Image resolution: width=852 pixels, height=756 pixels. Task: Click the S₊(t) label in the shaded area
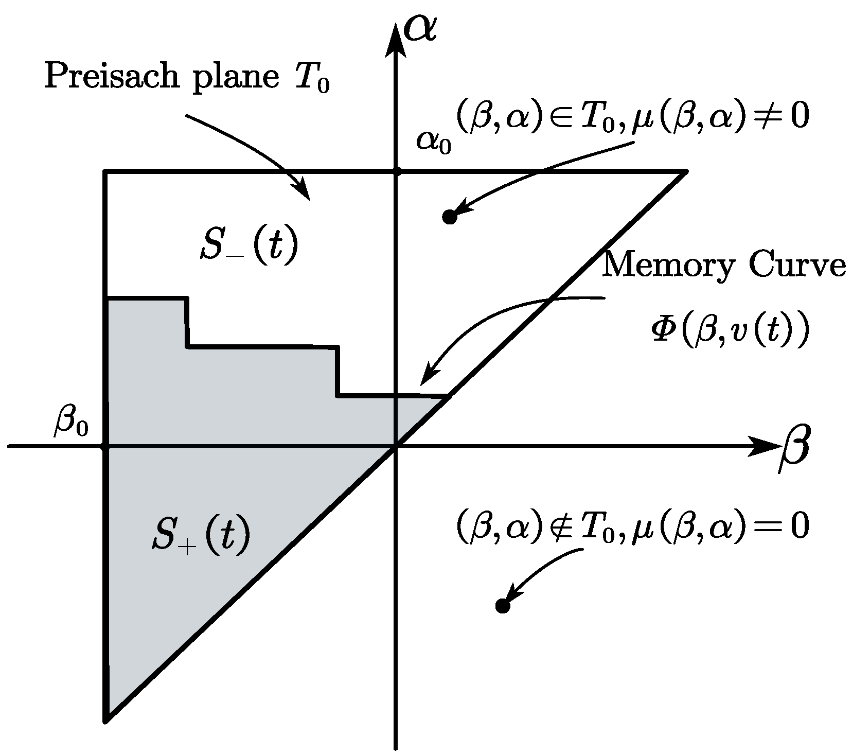pos(201,536)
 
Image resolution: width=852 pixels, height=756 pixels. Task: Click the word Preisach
pos(122,77)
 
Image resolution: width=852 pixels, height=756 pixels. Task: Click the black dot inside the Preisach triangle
pos(450,217)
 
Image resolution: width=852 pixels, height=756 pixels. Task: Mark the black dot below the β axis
pos(502,606)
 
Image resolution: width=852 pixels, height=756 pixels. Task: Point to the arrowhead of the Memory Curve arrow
pos(424,379)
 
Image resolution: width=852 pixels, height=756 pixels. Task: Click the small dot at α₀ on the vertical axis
pos(396,171)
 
